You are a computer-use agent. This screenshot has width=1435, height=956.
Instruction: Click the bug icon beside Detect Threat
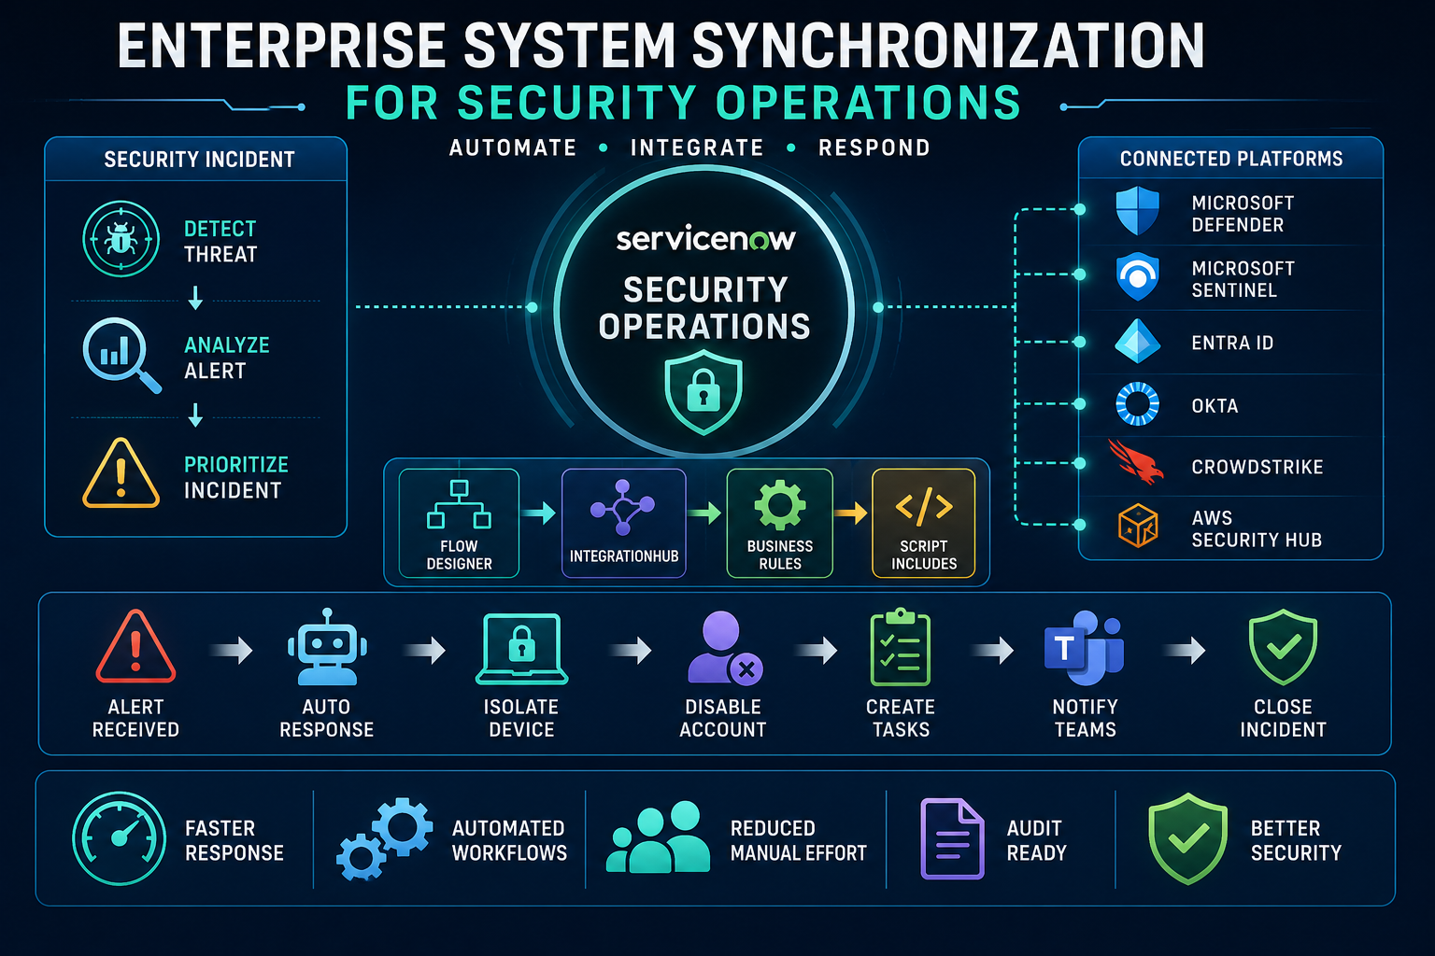click(121, 239)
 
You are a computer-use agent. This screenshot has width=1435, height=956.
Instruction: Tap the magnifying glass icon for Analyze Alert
click(121, 354)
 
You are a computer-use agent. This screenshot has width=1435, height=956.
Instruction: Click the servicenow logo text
click(705, 239)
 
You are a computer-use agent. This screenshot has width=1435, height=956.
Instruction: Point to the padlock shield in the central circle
click(703, 391)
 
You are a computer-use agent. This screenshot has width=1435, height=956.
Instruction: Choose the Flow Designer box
click(459, 523)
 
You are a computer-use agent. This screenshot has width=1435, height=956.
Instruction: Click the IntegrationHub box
click(624, 523)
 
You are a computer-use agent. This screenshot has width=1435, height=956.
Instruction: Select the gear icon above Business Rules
click(780, 505)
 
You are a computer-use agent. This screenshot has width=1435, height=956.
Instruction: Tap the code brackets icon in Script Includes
click(924, 507)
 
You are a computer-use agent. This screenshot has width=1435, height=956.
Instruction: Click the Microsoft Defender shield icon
click(1137, 211)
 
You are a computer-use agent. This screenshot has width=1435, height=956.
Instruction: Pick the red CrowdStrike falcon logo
click(1135, 462)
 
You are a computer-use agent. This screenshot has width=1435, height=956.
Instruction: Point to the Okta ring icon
click(1137, 404)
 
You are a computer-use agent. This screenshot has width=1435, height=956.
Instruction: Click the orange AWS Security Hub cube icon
click(1138, 526)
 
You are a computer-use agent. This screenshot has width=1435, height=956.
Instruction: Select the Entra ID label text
click(1232, 344)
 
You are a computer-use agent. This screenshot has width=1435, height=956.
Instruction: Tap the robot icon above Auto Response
click(327, 647)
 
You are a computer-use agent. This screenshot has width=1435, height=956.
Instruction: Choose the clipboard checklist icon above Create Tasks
click(900, 647)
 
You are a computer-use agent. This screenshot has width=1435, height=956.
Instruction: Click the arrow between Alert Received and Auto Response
click(232, 651)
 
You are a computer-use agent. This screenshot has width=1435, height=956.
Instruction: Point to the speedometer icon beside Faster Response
click(120, 838)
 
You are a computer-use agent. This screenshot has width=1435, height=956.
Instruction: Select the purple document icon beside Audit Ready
click(952, 838)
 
